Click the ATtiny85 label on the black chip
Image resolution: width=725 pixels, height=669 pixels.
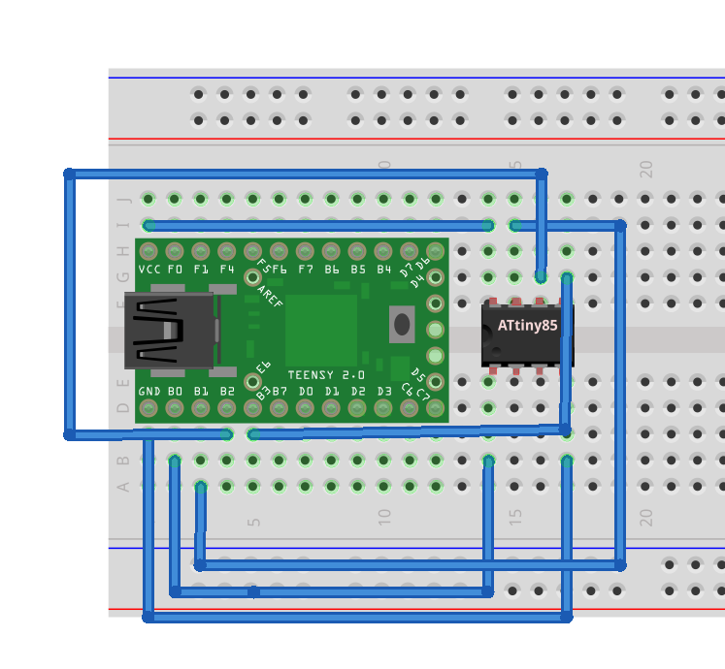(527, 326)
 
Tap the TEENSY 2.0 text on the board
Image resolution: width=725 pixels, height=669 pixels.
(326, 374)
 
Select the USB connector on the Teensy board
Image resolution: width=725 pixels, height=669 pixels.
(169, 331)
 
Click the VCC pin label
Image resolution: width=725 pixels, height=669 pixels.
(149, 269)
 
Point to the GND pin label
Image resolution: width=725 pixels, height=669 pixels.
(149, 392)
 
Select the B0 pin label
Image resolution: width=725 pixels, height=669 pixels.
(176, 392)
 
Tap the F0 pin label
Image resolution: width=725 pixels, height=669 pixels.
(176, 269)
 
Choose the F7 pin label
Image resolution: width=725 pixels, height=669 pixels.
(306, 269)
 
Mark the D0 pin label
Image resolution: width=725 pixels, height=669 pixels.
(306, 392)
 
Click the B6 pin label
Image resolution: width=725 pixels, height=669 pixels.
(332, 269)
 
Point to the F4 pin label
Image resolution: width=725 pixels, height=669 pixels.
(227, 269)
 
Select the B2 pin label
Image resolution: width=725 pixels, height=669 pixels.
(227, 392)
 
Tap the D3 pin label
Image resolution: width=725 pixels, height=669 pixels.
(384, 392)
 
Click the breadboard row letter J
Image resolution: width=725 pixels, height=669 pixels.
(123, 200)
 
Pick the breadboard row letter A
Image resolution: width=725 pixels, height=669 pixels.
(123, 486)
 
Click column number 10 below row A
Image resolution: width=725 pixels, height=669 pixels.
(384, 515)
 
